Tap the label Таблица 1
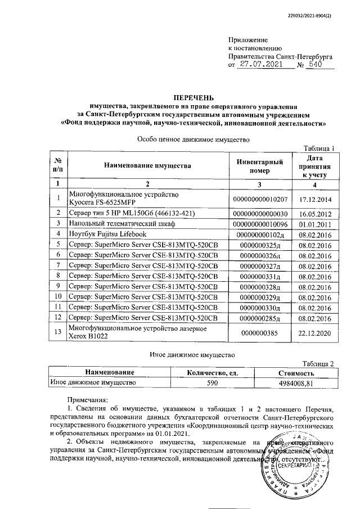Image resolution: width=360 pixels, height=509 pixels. (318, 148)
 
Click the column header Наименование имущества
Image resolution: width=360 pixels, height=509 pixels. (147, 165)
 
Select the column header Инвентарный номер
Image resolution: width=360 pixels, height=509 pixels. (260, 165)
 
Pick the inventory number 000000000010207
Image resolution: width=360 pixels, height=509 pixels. (260, 199)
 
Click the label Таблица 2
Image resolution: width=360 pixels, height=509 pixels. (318, 364)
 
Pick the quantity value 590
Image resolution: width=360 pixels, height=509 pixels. (217, 382)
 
